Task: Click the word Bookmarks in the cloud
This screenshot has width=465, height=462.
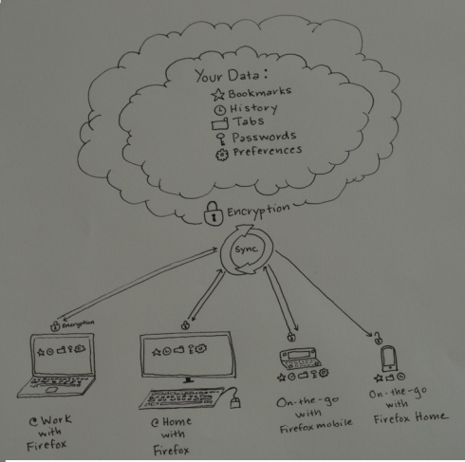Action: [260, 92]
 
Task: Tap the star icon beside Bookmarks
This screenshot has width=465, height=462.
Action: [218, 94]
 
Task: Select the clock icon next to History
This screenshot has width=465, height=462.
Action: [220, 110]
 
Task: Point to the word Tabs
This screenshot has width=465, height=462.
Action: [249, 121]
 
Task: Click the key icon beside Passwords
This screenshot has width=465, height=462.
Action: [220, 139]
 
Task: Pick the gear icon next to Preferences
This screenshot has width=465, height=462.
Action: [222, 155]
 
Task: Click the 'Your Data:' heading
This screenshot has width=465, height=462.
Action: [232, 76]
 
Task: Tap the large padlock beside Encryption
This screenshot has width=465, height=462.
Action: [214, 213]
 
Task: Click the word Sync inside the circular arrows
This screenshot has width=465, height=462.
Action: [246, 249]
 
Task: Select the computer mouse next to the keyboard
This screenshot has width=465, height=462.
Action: [234, 403]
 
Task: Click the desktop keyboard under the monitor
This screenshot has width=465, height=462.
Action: [181, 398]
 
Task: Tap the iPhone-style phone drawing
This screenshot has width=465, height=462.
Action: [389, 359]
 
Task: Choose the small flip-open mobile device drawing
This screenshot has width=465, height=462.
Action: [298, 359]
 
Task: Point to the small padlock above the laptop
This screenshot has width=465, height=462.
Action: [55, 326]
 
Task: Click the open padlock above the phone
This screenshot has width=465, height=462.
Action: [378, 339]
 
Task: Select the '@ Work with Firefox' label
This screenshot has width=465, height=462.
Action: [49, 433]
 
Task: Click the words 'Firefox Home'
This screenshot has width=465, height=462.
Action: [411, 417]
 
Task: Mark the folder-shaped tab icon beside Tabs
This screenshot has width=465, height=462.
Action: [220, 123]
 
